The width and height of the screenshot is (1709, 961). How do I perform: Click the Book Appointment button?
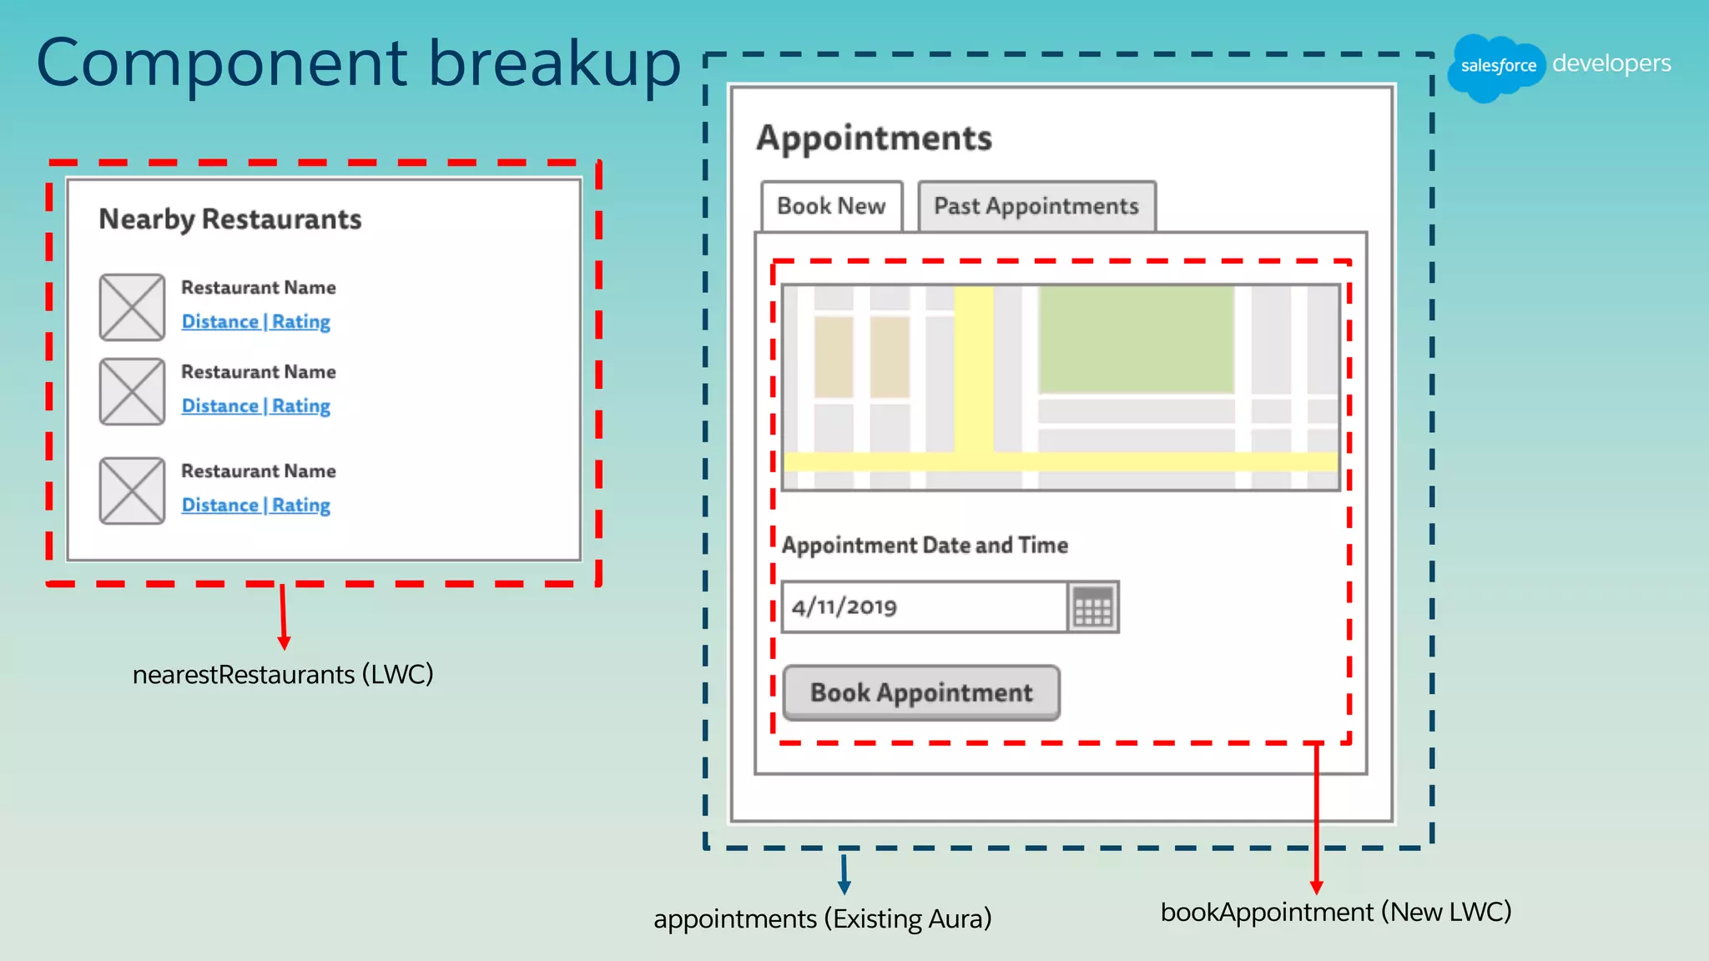(x=921, y=692)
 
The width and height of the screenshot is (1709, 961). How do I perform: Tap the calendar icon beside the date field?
(x=1093, y=606)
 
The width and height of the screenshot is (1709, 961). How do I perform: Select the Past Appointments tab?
(x=1036, y=206)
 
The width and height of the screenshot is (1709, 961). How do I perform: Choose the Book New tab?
(x=831, y=206)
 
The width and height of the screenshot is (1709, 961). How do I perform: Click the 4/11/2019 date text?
(x=844, y=606)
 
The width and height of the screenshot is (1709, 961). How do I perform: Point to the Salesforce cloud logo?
(x=1497, y=66)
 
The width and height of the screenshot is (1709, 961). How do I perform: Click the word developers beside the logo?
(x=1611, y=63)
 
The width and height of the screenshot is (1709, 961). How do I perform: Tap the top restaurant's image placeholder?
(x=132, y=307)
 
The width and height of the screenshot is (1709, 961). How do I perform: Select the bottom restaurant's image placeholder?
(x=132, y=491)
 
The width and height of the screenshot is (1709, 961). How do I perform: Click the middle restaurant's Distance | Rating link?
(x=256, y=406)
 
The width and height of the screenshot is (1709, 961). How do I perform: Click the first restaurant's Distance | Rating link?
(x=256, y=322)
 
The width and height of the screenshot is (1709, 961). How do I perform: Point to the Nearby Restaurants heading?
(x=230, y=219)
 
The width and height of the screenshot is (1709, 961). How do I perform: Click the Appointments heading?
(x=874, y=138)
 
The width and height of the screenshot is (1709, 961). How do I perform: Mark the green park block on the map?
(x=1136, y=339)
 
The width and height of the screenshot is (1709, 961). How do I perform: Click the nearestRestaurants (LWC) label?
(x=283, y=674)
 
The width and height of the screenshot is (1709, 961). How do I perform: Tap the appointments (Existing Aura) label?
(x=822, y=918)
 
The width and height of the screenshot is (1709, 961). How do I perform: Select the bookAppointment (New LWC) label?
(x=1335, y=912)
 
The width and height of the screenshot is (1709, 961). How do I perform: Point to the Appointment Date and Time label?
(x=925, y=546)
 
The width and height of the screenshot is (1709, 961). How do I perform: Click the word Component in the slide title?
(x=222, y=63)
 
